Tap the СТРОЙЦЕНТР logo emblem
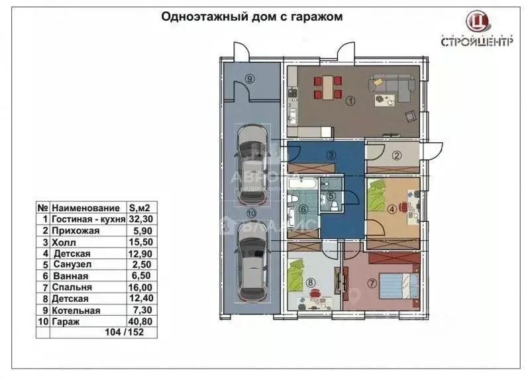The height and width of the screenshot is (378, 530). point(476,22)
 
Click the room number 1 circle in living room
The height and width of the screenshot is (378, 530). point(350,101)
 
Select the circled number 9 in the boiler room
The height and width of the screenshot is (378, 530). point(249,78)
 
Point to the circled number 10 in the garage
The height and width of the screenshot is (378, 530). point(251,214)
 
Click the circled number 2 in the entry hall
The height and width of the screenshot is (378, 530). point(397,156)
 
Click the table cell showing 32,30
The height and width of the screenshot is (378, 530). point(141,218)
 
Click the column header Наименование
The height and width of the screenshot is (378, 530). point(86,207)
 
